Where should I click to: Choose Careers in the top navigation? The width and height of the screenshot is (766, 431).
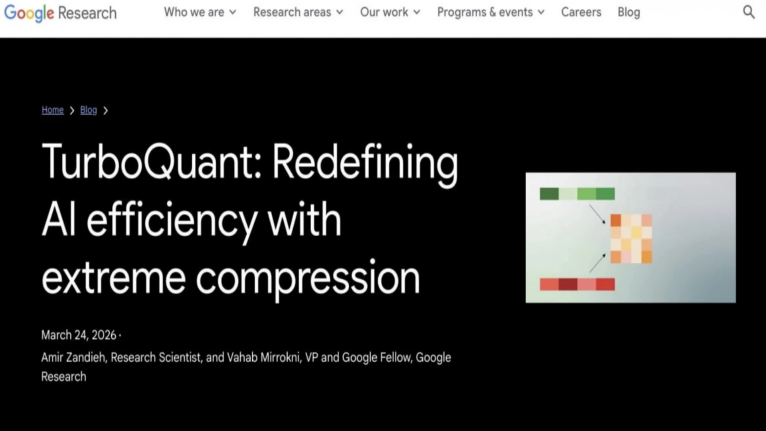tap(581, 12)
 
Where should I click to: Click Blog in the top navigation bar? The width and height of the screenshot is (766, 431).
tap(629, 12)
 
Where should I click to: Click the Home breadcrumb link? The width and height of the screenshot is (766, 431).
tap(53, 110)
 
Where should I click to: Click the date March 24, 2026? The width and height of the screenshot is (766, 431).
tap(79, 335)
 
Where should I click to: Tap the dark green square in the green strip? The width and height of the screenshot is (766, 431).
tap(549, 194)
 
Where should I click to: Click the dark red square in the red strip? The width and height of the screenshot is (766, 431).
tap(568, 284)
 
